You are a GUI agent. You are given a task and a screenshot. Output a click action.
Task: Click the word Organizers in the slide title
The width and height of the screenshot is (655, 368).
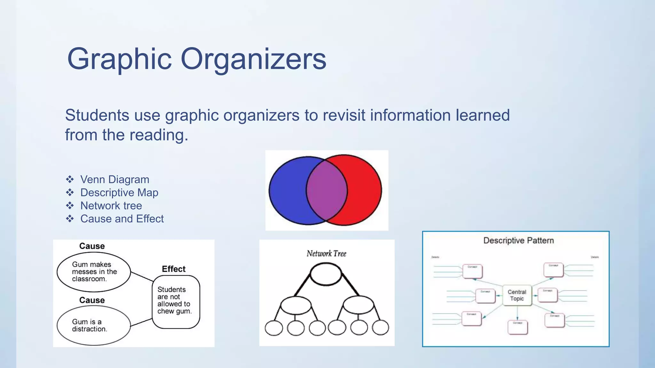(x=253, y=59)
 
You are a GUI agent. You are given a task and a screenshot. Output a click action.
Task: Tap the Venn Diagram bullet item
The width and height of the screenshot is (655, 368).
(x=114, y=180)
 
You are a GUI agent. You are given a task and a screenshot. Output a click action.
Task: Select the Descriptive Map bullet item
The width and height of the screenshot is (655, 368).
(x=119, y=193)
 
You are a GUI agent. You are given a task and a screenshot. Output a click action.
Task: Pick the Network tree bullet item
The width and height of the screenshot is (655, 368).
(x=111, y=206)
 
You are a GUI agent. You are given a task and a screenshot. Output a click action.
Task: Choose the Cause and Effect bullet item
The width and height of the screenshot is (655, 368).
(x=122, y=219)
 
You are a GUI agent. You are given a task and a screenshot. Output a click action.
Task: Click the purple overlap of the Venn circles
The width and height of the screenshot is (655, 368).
(x=327, y=191)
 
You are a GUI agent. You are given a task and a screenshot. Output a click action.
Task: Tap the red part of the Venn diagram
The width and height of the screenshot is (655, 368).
(x=365, y=191)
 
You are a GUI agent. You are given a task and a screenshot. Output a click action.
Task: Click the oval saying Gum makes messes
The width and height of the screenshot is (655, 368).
(x=94, y=272)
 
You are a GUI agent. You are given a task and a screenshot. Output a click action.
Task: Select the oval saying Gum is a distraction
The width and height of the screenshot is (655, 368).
(x=94, y=325)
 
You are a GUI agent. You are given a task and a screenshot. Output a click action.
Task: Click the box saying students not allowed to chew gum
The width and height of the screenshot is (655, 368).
(x=176, y=302)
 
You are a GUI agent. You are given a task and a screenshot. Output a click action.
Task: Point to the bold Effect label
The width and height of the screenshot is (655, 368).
(x=174, y=269)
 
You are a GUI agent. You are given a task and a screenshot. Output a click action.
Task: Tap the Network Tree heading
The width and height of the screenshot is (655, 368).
(x=326, y=254)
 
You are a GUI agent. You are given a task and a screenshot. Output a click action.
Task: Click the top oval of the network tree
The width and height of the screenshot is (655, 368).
(x=326, y=274)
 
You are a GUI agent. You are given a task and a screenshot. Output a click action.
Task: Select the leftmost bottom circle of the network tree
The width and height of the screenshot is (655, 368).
(x=274, y=328)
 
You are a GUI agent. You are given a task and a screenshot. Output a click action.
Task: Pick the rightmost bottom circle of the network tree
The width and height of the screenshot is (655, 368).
(x=381, y=328)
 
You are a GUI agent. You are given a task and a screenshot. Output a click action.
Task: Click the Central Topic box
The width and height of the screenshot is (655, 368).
(x=517, y=295)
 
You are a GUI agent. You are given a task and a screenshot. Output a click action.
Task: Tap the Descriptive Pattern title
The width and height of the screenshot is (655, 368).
(x=518, y=241)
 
